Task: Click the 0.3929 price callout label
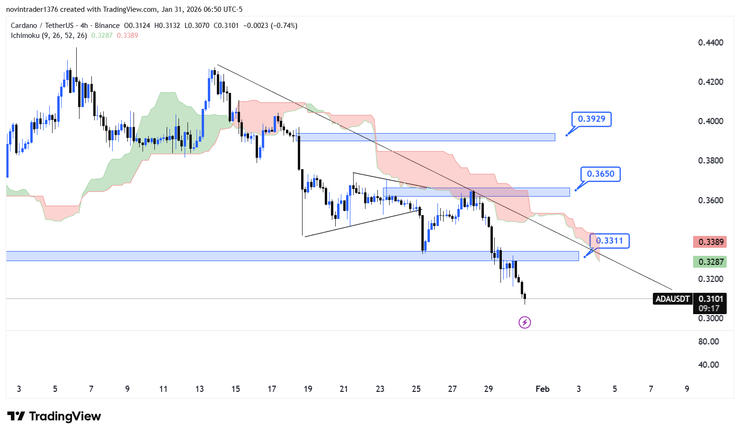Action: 591,119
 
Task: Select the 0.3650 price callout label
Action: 600,174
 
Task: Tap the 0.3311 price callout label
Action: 610,241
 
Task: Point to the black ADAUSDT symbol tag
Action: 672,299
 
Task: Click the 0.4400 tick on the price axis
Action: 710,43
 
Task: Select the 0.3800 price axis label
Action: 710,161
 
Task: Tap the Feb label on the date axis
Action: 542,389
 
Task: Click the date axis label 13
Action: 199,389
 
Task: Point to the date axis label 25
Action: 416,389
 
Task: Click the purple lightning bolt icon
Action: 525,323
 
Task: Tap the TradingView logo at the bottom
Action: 54,416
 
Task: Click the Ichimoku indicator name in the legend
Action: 25,36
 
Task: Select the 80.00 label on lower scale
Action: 708,342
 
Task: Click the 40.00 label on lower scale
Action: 708,365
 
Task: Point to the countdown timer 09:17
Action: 709,308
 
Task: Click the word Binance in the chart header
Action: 107,26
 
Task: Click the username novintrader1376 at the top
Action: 31,9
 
